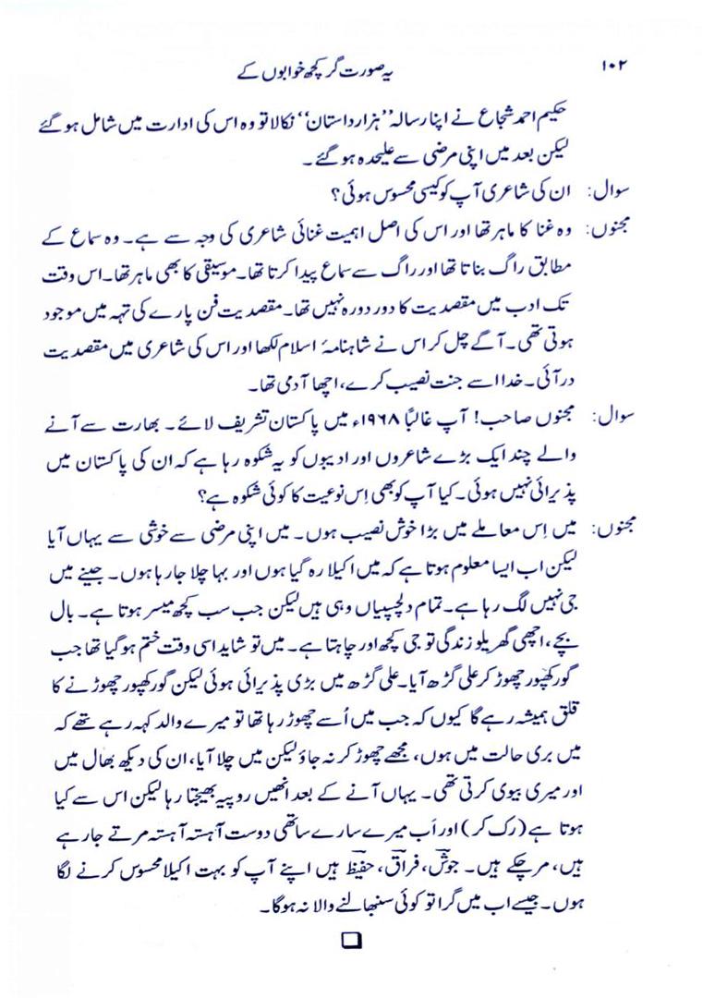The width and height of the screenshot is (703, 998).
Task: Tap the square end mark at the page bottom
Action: (x=352, y=942)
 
